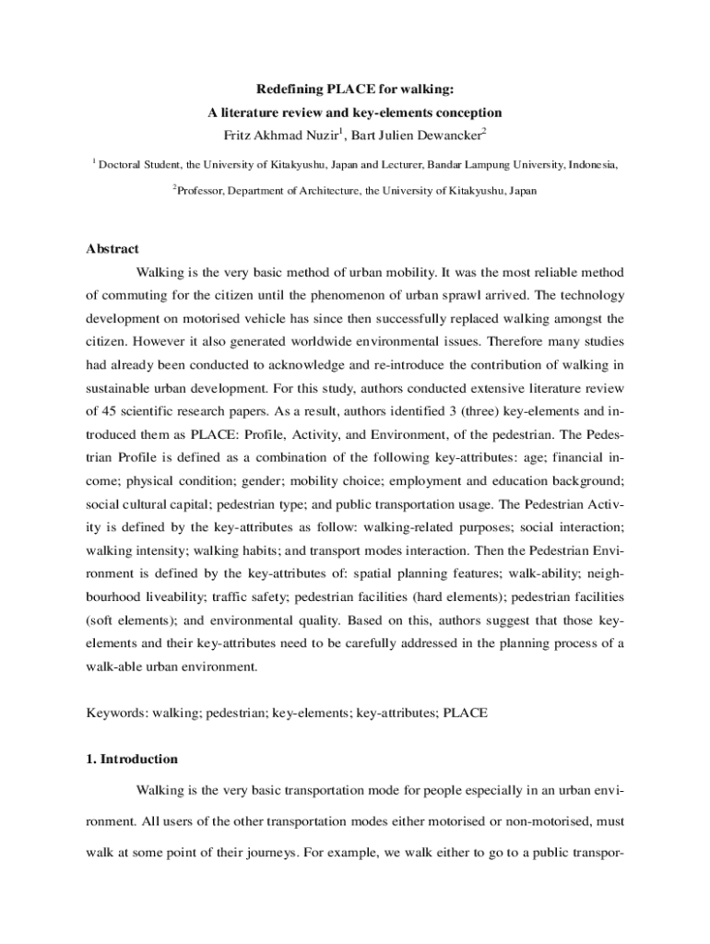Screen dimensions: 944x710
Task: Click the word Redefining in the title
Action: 288,90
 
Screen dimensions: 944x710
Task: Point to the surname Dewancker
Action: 444,136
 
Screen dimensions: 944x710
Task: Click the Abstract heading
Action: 112,249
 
